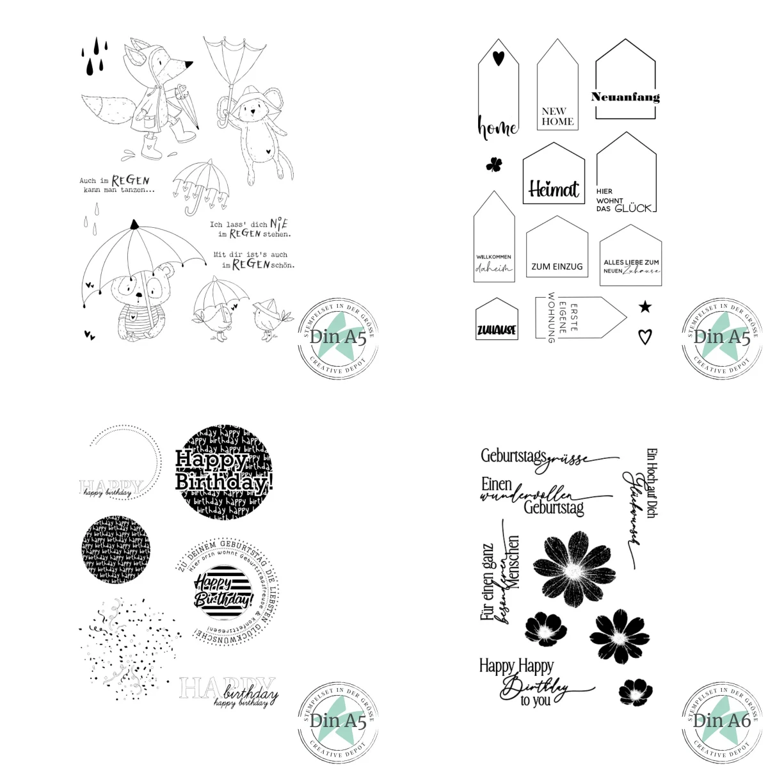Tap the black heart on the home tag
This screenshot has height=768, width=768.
pos(499,58)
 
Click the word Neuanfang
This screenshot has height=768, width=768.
pos(625,97)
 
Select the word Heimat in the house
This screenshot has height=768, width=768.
pos(554,189)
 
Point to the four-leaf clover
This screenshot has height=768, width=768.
pos(493,165)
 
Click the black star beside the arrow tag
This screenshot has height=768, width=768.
pos(645,307)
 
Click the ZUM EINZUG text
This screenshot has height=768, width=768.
pos(557,266)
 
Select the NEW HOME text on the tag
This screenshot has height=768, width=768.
pos(557,116)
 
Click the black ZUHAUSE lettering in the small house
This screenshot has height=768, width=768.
pos(497,330)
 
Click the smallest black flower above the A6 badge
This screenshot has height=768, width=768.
pos(634,690)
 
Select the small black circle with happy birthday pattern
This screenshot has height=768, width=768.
pos(115,550)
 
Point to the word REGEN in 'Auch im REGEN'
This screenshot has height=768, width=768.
pos(131,181)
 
